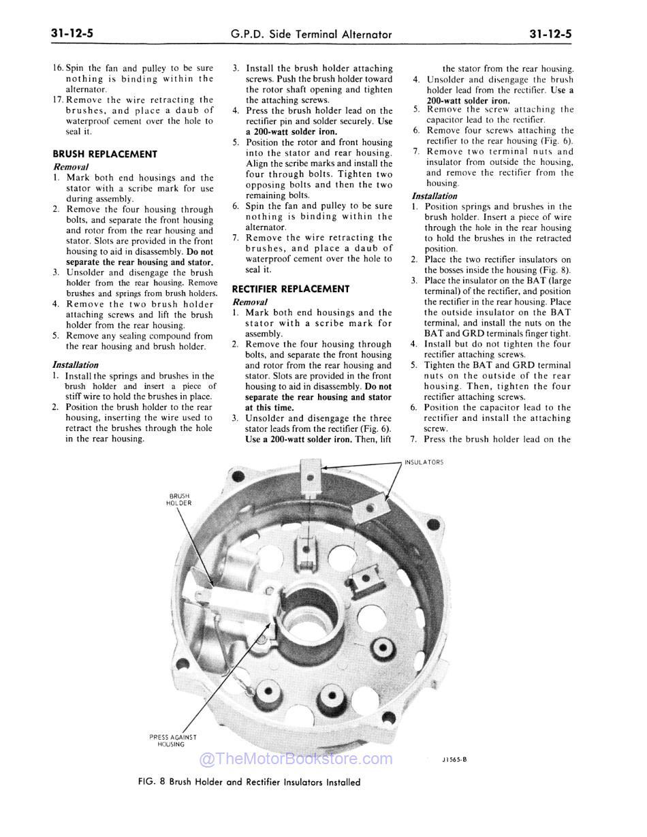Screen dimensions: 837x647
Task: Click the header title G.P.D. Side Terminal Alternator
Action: pos(312,34)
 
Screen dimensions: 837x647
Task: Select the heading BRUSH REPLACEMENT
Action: pos(105,154)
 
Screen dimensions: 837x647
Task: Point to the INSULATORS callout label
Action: pos(424,462)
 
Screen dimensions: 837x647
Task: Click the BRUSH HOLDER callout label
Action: pos(178,499)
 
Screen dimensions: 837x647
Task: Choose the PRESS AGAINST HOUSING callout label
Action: pos(172,740)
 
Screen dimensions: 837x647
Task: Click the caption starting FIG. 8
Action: pos(249,782)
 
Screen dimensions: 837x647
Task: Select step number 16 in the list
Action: pos(59,68)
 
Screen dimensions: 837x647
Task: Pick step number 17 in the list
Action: pos(59,99)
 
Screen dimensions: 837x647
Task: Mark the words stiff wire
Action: pos(88,396)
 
